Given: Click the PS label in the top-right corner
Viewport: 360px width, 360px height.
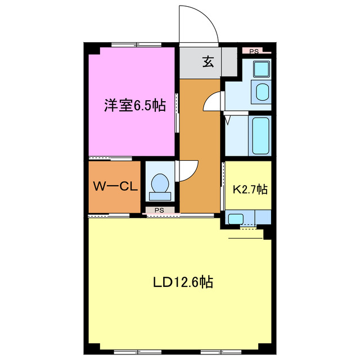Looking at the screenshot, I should coord(254,51).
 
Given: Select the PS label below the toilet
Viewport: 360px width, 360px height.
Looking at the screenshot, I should coord(159,210).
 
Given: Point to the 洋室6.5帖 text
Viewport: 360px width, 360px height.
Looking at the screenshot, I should coord(134,106).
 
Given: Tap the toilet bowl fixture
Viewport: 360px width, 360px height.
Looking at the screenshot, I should coord(160,183).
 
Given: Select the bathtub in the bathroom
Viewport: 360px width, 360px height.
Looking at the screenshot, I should coord(261,136).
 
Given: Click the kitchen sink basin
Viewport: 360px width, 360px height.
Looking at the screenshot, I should coord(235,218).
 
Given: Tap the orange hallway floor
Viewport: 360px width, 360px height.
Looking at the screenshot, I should coord(199,141).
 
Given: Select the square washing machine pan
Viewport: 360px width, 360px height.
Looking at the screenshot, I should coord(261,69).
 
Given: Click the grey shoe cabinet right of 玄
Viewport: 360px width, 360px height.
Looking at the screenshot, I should coord(228,62).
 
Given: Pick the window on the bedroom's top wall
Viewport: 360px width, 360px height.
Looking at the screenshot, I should coord(133,45).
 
